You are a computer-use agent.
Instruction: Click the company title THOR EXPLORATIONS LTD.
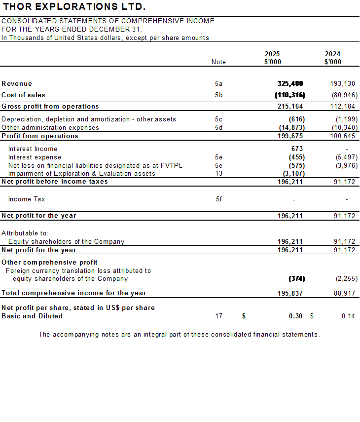(x=74, y=7)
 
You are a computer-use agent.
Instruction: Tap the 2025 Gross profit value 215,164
(x=290, y=107)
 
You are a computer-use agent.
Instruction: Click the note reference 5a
(x=219, y=84)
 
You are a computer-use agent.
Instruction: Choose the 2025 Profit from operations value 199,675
(x=290, y=136)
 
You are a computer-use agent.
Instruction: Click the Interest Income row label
(x=33, y=149)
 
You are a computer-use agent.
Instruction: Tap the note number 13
(x=218, y=174)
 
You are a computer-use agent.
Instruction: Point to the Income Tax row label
(x=27, y=199)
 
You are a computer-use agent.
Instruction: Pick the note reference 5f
(x=219, y=199)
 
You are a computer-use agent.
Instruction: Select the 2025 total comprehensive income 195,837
(x=290, y=293)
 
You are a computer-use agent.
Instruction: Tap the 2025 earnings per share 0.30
(x=296, y=316)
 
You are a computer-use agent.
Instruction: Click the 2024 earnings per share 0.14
(x=348, y=316)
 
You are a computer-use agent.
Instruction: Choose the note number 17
(x=219, y=316)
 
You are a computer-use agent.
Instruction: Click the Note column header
(x=218, y=62)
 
